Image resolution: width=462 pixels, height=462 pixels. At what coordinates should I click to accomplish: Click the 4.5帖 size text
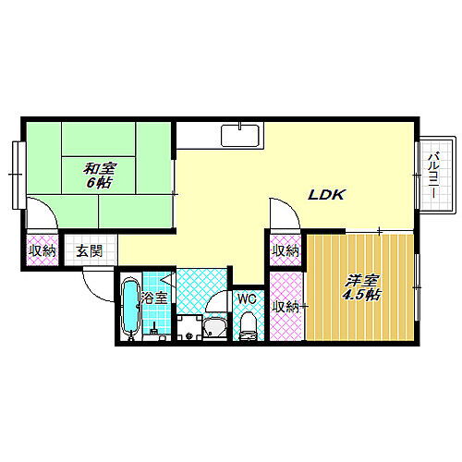click(x=361, y=296)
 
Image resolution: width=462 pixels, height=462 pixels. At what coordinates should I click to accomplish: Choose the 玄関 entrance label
click(x=90, y=250)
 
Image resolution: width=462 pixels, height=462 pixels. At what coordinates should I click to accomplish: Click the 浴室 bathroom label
click(x=153, y=298)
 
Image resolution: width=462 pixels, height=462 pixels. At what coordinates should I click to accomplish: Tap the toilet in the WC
click(x=247, y=323)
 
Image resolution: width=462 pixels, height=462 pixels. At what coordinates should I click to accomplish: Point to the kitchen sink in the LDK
click(x=240, y=136)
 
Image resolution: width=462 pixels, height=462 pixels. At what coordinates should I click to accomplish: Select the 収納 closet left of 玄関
click(x=42, y=250)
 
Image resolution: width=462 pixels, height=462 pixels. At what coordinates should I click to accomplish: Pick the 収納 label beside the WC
click(x=286, y=307)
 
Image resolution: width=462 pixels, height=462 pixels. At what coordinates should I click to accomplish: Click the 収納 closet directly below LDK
click(x=286, y=250)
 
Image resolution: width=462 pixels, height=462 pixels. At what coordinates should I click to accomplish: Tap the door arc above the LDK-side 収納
click(x=285, y=211)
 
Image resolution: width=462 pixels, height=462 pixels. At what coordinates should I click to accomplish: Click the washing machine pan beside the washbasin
click(x=188, y=328)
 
